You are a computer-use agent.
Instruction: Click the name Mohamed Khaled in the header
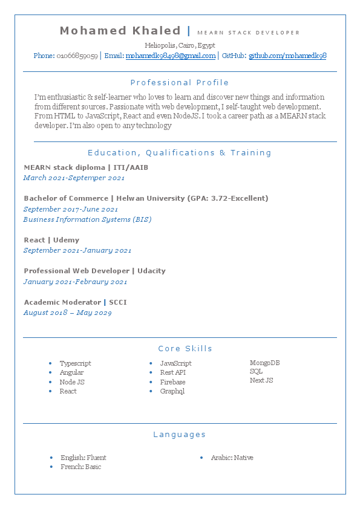(x=120, y=31)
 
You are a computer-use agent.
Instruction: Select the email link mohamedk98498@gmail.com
(x=170, y=56)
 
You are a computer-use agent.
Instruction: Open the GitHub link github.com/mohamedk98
(x=287, y=56)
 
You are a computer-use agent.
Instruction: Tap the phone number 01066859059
(x=77, y=56)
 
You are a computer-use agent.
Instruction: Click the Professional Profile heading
(x=180, y=82)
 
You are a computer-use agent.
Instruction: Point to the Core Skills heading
(x=185, y=348)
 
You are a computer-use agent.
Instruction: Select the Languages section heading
(x=180, y=434)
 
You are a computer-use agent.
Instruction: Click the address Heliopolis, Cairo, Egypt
(x=180, y=45)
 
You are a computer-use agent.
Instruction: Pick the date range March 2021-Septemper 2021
(x=74, y=178)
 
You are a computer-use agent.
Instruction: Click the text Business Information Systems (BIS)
(x=87, y=219)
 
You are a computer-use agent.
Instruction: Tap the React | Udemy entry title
(x=51, y=240)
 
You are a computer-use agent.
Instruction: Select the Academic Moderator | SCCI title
(x=75, y=302)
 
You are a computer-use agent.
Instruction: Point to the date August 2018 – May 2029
(x=67, y=313)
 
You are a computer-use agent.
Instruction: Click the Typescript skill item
(x=75, y=363)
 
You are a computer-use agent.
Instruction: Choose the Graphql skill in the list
(x=172, y=391)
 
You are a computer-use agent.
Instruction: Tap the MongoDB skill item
(x=264, y=363)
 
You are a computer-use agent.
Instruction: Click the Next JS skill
(x=261, y=380)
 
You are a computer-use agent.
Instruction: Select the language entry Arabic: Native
(x=232, y=458)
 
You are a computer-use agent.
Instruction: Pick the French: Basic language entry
(x=80, y=467)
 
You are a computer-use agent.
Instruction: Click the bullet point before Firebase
(x=151, y=382)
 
